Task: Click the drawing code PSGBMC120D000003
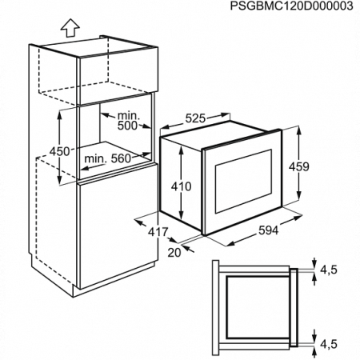(291, 6)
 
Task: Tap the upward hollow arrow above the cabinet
(70, 28)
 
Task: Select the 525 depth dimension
(196, 118)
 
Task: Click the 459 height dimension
(299, 166)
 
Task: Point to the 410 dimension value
(182, 186)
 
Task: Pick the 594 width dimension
(268, 230)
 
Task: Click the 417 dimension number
(158, 232)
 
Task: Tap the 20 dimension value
(174, 253)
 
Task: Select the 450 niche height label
(60, 151)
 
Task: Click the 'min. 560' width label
(108, 158)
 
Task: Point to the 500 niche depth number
(127, 126)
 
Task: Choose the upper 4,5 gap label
(329, 270)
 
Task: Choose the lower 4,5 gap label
(329, 344)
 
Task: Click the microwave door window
(243, 182)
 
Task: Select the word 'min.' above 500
(129, 116)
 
